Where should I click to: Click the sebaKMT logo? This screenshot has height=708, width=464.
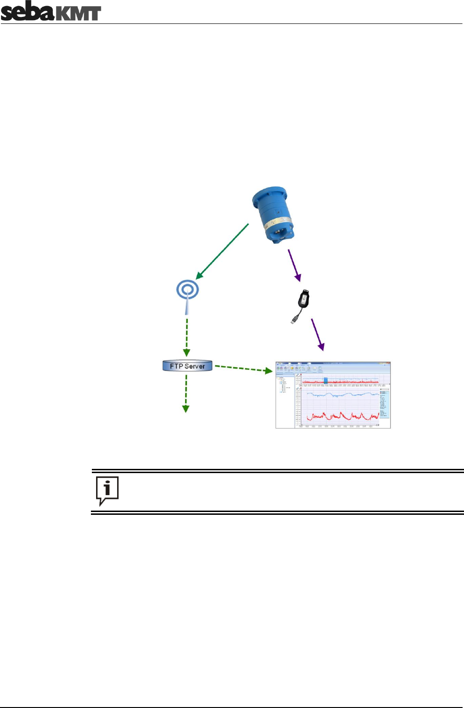[x=51, y=12]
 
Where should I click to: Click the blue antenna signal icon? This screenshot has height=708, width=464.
[x=187, y=290]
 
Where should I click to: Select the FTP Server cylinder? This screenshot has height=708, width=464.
[x=187, y=366]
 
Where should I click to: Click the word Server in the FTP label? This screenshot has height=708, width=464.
[x=195, y=366]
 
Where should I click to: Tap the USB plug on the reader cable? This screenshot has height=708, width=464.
[x=294, y=320]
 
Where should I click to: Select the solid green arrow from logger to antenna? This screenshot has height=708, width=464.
[x=222, y=251]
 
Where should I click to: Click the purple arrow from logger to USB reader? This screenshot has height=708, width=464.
[x=294, y=265]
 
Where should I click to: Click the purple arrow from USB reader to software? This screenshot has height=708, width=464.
[x=317, y=334]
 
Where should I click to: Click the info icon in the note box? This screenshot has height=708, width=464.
[x=107, y=490]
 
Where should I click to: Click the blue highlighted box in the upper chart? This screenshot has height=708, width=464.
[x=326, y=380]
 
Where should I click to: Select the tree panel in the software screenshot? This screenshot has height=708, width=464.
[x=285, y=399]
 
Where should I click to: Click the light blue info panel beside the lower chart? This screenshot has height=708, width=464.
[x=384, y=403]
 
